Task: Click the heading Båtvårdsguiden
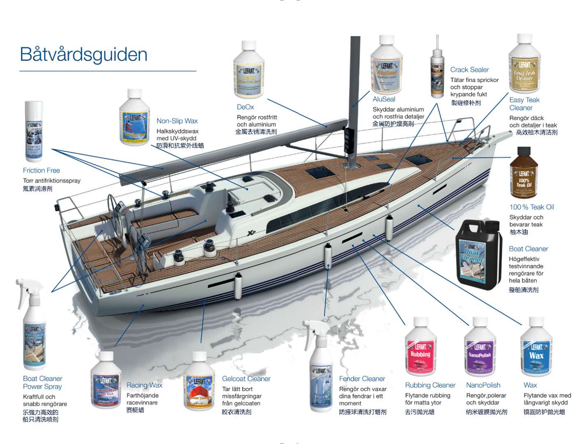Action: point(83,55)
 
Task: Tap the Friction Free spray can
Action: point(34,132)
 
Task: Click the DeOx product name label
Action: point(245,107)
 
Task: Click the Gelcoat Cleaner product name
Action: point(246,379)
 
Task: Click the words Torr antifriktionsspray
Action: point(52,180)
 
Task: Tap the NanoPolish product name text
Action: point(483,385)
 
